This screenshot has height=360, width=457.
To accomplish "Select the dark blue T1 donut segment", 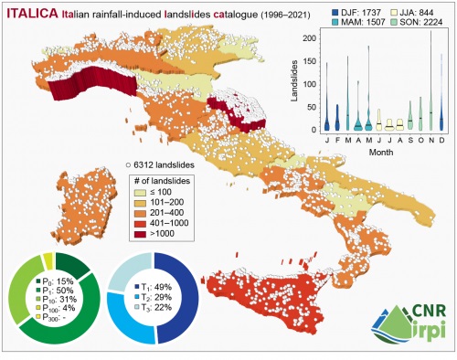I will point(180,292).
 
